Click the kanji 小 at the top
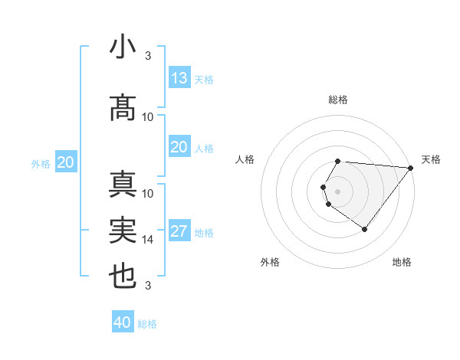pos(123,47)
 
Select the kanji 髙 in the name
pos(123,108)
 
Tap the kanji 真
pos(123,185)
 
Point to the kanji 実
pos(123,231)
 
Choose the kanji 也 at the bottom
pos(123,276)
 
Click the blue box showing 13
pos(179,78)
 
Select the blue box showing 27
pos(179,232)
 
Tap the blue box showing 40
pos(123,322)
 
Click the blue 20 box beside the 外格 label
pos(66,162)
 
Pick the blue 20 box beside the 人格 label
pos(179,147)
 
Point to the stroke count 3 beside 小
pos(148,56)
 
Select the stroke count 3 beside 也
pos(148,286)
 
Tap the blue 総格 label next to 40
pos(147,324)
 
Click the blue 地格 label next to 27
pos(204,233)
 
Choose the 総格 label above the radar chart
pos(338,100)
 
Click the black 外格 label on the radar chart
pos(270,262)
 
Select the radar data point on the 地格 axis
pos(364,229)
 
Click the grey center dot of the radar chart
pos(338,191)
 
